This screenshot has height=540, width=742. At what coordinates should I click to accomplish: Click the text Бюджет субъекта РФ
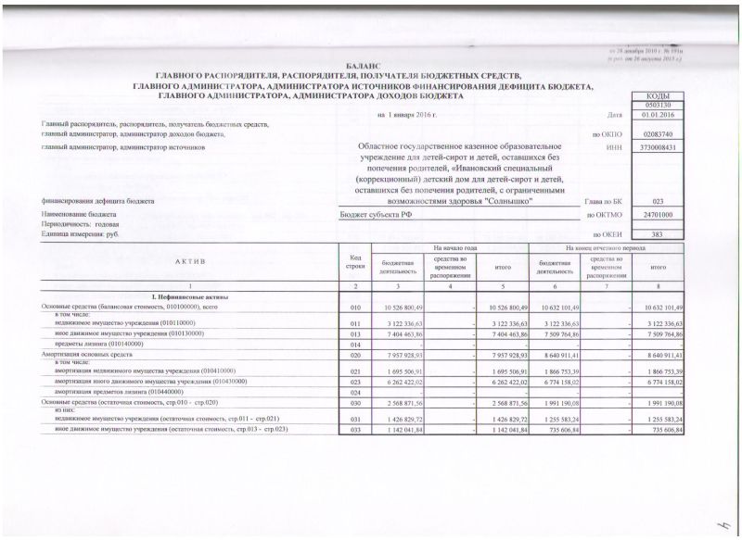[369, 214]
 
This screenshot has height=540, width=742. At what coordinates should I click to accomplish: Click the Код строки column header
[354, 261]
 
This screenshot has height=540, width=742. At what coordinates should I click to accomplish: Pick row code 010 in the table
[354, 307]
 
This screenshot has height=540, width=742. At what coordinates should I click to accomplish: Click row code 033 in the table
[354, 431]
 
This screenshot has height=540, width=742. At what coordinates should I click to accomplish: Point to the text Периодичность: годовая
[81, 224]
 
